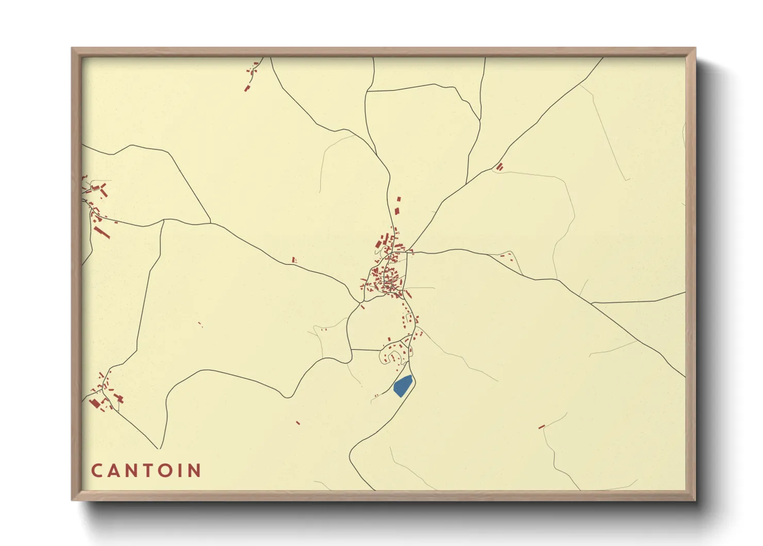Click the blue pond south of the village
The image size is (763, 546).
point(403,386)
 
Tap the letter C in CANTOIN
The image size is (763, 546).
point(96,470)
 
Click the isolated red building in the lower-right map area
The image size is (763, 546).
point(541,427)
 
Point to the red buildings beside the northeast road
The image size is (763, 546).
point(499,167)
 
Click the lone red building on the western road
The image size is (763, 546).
point(294,260)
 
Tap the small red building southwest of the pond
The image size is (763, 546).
point(298,423)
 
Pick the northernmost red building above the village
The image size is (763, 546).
point(397,199)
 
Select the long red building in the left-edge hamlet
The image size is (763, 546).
point(103,233)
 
